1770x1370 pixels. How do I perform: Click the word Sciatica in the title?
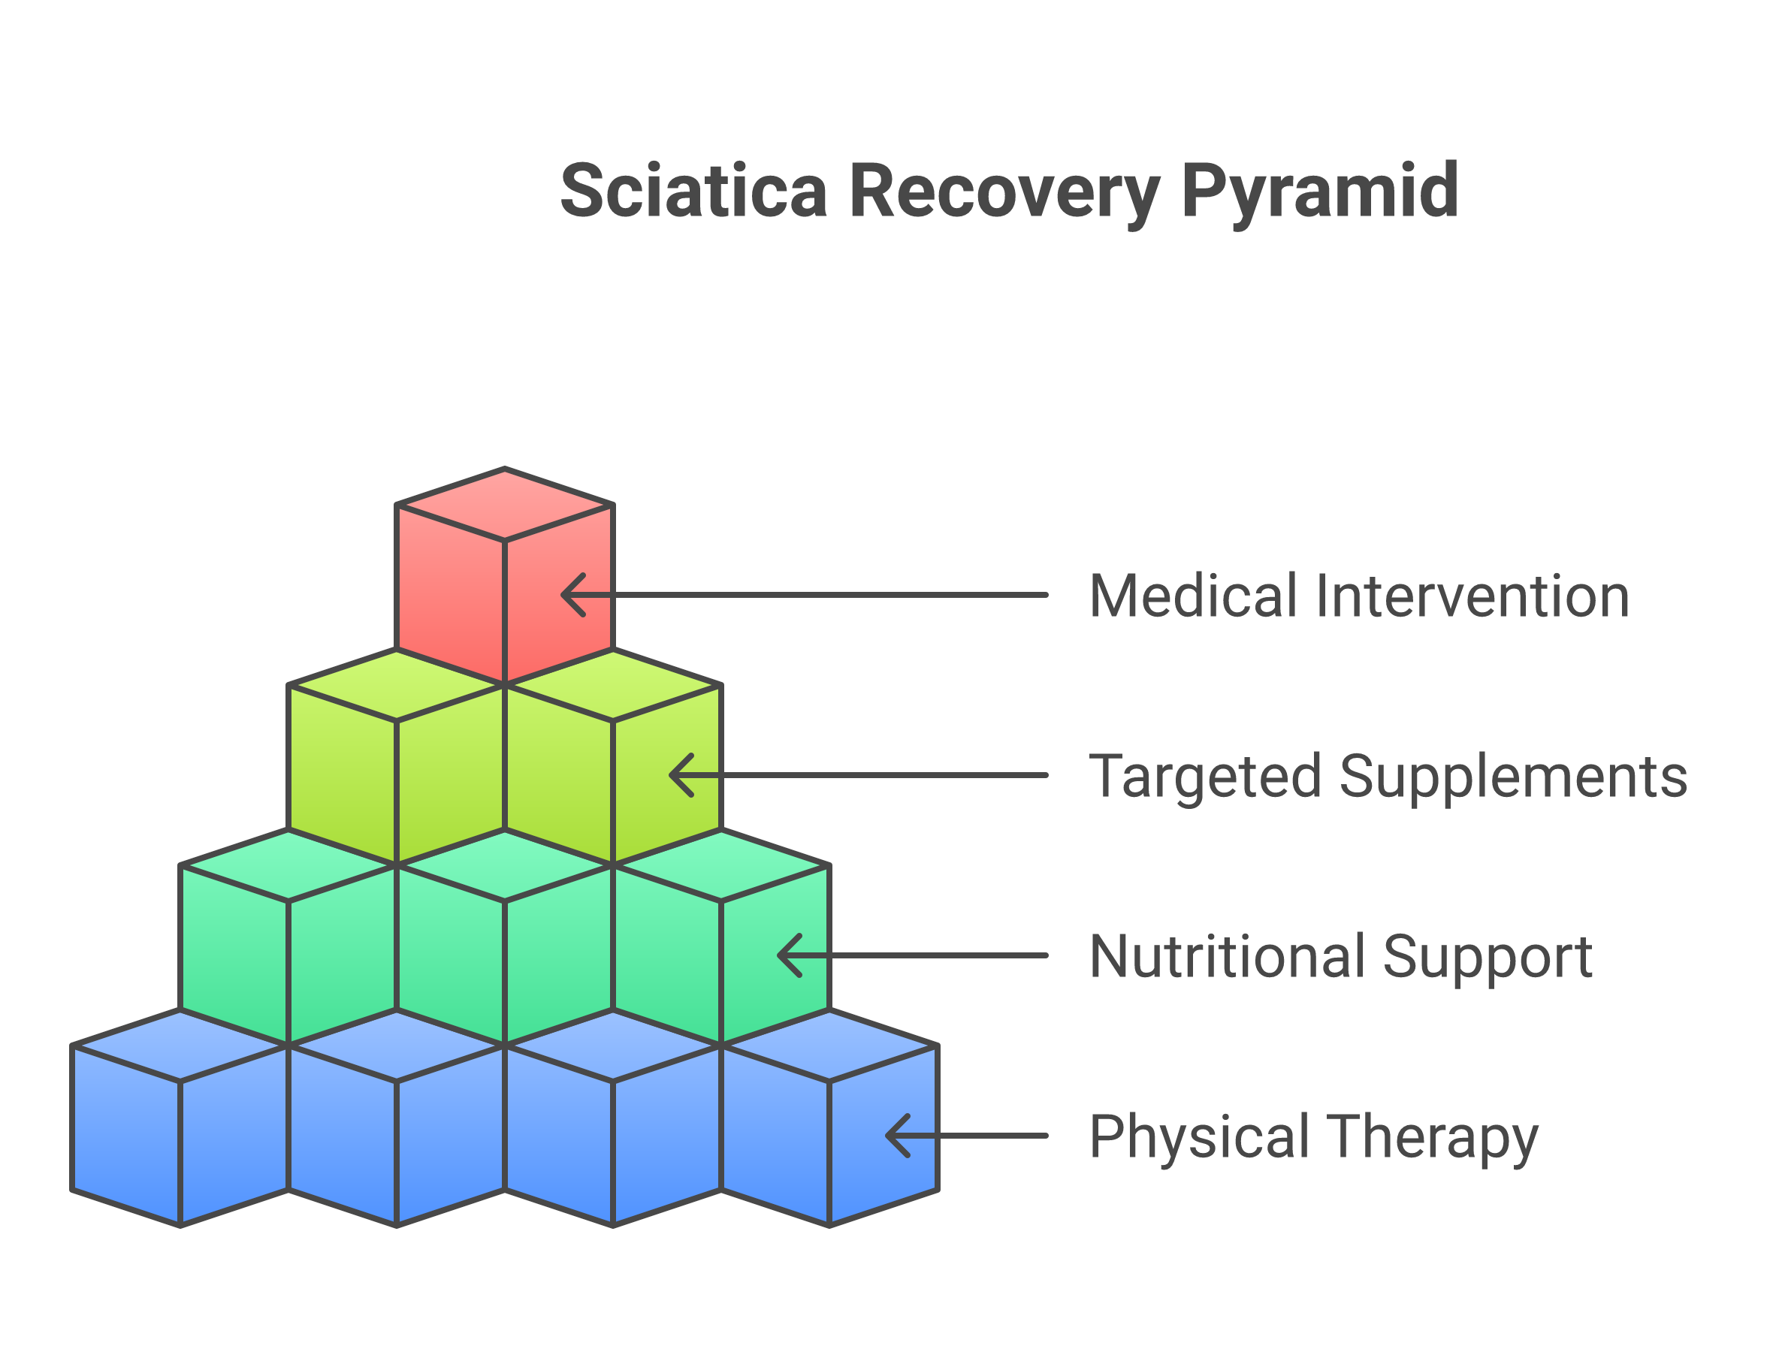[x=693, y=192]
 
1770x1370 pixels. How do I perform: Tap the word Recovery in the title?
[x=1004, y=193]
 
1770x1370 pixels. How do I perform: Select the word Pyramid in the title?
[x=1320, y=192]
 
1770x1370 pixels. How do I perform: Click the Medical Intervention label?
[x=1359, y=596]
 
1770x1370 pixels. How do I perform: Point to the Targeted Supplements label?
[x=1388, y=776]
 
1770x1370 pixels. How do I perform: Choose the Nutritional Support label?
[x=1341, y=957]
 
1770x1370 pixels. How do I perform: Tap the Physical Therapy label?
[x=1313, y=1136]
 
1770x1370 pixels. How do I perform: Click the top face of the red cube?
[x=505, y=504]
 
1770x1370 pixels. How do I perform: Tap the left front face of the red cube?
[x=451, y=596]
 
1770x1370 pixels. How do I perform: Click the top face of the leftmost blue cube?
[x=180, y=1046]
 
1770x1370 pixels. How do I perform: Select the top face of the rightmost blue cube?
[x=829, y=1046]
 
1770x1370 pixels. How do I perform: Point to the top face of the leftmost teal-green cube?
[x=288, y=865]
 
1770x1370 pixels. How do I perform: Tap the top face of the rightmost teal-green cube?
[x=721, y=865]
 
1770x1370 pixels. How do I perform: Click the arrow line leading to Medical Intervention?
[x=811, y=596]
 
